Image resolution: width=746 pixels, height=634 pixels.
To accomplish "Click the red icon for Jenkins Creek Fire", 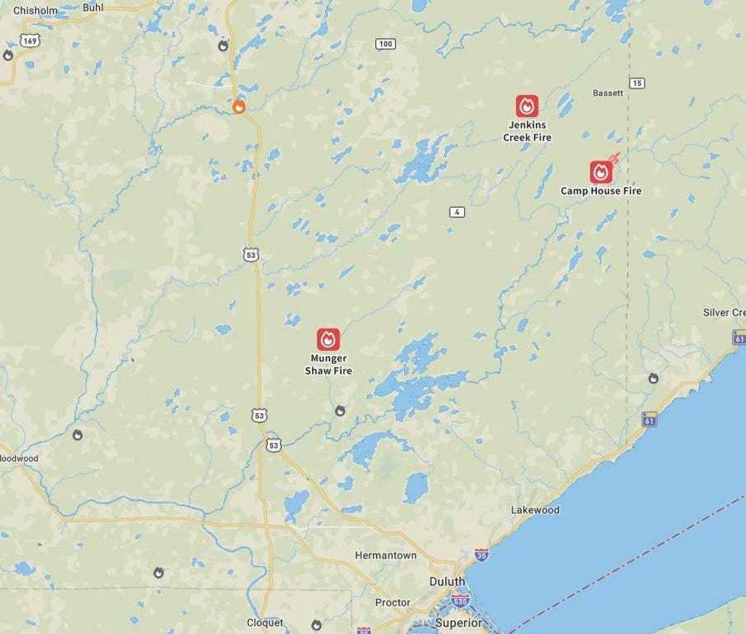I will [527, 106].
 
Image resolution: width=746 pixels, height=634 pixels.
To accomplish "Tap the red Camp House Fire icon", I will [601, 172].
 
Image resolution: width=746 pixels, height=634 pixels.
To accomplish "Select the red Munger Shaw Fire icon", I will [328, 339].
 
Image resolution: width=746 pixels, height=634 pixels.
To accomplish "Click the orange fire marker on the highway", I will [238, 107].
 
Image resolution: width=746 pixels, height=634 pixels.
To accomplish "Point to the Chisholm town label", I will [36, 11].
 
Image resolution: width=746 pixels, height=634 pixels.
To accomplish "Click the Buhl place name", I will [93, 7].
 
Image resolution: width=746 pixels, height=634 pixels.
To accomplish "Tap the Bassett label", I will [607, 93].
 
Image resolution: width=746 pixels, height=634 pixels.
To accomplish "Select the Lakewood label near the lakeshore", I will [535, 510].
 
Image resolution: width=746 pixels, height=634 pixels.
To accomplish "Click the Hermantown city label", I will [386, 556].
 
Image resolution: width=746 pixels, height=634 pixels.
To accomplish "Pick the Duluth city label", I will [447, 581].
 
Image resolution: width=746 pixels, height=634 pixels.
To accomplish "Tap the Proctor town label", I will [393, 603].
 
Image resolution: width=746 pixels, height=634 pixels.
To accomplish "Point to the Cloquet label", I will [265, 623].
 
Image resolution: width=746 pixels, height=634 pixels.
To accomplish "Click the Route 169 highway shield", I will [30, 40].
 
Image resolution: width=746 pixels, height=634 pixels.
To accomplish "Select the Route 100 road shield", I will [385, 43].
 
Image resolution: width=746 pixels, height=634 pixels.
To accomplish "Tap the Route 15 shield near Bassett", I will [637, 83].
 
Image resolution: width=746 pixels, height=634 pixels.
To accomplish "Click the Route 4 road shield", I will [456, 212].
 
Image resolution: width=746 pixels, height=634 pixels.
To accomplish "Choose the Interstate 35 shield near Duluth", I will [480, 554].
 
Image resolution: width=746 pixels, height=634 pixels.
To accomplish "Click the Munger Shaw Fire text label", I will [328, 365].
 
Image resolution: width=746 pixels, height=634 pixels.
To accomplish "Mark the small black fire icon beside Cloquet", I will [317, 625].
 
